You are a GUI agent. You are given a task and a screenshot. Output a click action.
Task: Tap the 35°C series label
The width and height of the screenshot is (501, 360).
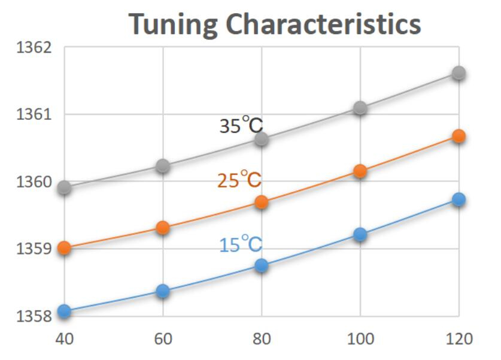[241, 126]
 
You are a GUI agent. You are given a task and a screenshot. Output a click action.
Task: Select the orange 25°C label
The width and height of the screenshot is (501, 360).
[239, 180]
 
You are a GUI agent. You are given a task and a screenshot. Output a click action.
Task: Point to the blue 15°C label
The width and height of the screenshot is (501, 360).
[240, 245]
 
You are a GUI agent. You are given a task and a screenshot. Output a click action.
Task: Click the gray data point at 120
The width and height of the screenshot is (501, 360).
[459, 73]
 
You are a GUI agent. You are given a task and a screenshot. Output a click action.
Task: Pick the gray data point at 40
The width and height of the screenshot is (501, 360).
[65, 188]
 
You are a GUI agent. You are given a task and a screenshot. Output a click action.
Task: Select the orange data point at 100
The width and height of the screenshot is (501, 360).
[360, 171]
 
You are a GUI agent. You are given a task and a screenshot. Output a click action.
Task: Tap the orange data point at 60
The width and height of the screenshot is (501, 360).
[163, 228]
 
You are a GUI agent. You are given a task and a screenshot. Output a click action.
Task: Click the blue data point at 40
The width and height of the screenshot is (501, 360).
[65, 311]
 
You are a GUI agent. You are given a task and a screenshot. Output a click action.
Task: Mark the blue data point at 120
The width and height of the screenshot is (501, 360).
[459, 199]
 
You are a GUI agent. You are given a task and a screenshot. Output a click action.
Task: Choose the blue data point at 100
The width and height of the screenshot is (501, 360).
[360, 234]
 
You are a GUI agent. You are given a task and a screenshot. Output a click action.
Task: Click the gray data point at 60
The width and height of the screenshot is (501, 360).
[163, 166]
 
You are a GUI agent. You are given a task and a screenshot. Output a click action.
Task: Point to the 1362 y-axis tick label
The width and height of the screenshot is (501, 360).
[31, 48]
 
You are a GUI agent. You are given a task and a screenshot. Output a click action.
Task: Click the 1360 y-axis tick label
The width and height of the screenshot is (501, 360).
[31, 181]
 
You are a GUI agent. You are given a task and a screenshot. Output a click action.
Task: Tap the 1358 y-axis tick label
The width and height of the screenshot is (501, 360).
[31, 315]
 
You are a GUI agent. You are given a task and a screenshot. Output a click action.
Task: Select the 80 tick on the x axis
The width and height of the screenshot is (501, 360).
[262, 339]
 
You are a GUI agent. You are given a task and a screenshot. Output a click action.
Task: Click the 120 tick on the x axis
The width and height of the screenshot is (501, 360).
[459, 339]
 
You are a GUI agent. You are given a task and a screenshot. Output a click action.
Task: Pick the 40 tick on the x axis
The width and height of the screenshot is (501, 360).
[65, 339]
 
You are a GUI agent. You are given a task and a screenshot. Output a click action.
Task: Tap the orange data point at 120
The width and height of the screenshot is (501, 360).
[459, 137]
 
